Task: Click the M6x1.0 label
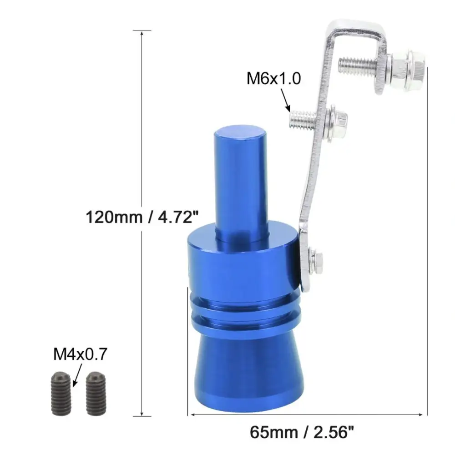point(273,78)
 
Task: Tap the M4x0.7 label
point(80,354)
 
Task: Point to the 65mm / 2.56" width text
point(302,432)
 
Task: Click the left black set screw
point(61,394)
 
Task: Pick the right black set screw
point(96,394)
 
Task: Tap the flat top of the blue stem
point(240,134)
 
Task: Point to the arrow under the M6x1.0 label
point(285,100)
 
